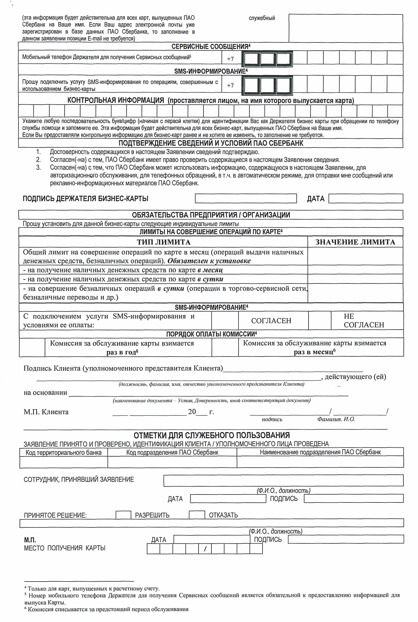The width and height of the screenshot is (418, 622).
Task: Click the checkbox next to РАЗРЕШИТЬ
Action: (123, 515)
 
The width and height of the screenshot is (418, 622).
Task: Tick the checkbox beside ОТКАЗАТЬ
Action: (197, 515)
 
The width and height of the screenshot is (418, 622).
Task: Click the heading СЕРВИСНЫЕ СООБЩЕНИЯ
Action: (211, 47)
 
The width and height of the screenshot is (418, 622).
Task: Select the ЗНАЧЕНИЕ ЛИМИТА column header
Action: (355, 242)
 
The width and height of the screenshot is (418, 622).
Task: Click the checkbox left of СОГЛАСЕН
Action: (225, 320)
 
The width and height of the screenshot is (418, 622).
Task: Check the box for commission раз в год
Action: (32, 347)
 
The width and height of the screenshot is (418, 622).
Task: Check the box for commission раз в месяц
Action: (225, 347)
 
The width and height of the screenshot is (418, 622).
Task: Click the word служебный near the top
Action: (262, 18)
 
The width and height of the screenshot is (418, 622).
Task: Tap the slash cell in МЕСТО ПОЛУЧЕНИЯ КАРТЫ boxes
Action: (205, 549)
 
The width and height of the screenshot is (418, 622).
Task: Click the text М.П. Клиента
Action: (46, 412)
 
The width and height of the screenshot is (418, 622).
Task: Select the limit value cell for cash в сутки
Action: (355, 279)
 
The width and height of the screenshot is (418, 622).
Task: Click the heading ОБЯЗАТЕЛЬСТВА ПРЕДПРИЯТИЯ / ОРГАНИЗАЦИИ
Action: (211, 215)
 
